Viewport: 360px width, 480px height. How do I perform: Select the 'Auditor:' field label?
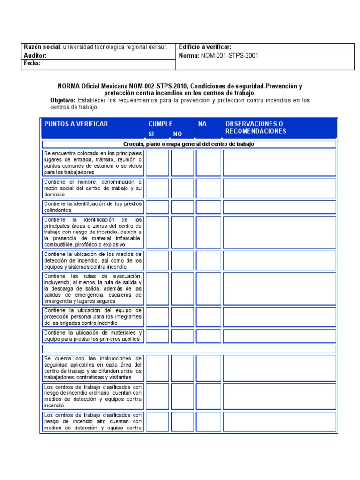[36, 56]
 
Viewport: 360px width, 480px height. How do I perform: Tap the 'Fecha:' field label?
[32, 63]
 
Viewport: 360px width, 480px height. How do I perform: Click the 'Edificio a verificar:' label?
[205, 47]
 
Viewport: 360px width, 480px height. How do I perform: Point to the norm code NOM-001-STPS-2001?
[229, 56]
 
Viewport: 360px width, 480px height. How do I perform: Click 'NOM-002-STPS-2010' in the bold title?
[155, 86]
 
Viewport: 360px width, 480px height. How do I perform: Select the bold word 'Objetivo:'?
[63, 100]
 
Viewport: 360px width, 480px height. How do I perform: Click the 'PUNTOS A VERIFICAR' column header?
[76, 124]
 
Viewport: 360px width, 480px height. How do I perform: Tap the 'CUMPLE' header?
[160, 124]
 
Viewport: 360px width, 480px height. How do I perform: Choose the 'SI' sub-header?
[151, 134]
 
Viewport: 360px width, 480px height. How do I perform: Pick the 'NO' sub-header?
[178, 134]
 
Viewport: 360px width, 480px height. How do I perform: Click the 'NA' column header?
[202, 124]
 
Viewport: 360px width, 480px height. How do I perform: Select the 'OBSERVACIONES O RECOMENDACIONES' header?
[255, 127]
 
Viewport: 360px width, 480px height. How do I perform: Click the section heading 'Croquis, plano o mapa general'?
[189, 144]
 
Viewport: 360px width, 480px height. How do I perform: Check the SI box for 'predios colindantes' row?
[157, 207]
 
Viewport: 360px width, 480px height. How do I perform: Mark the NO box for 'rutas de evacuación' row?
[182, 289]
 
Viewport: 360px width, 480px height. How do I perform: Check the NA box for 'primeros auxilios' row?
[208, 336]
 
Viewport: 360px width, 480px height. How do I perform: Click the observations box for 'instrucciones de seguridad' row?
[279, 367]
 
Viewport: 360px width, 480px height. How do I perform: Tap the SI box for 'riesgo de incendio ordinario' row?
[157, 396]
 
